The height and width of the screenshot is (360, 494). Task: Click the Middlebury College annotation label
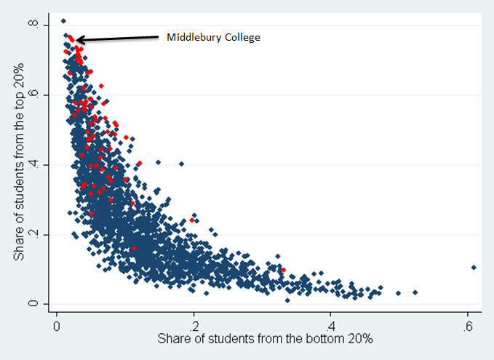tap(213, 37)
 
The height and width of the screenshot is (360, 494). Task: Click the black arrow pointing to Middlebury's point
tap(116, 38)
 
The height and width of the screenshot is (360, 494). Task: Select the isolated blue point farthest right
tap(474, 268)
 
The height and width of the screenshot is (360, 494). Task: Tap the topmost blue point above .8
tap(63, 21)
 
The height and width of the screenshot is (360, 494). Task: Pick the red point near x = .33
tap(284, 271)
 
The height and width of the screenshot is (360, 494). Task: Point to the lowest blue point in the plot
tap(287, 300)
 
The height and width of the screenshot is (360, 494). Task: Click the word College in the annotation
tap(241, 37)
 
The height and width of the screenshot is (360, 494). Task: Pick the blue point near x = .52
tap(415, 292)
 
